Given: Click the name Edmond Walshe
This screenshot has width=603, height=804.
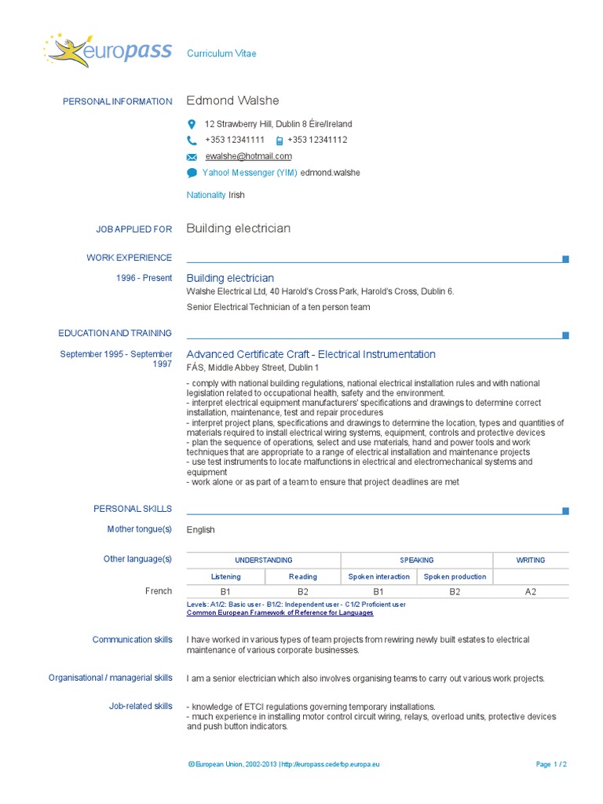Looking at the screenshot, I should [x=232, y=100].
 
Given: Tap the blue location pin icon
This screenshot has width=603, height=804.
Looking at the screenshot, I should [x=192, y=124].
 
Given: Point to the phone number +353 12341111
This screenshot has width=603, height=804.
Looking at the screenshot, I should [x=235, y=140].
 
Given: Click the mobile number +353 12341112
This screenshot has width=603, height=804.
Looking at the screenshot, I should [x=317, y=140].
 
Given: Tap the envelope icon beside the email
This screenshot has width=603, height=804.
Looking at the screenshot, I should [x=192, y=156].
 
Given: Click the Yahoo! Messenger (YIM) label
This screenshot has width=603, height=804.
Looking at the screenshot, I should [x=250, y=173].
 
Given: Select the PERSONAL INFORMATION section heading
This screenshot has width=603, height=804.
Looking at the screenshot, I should [x=117, y=101].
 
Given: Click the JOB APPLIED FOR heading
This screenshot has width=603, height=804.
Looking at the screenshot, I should [x=133, y=229].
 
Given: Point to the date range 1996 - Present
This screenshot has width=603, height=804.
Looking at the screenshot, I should [x=145, y=278].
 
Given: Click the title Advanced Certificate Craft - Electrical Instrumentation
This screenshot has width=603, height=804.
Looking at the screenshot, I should [x=311, y=354].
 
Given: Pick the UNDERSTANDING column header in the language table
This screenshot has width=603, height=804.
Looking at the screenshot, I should [x=264, y=560].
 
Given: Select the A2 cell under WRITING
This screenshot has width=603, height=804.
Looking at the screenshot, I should [x=531, y=592].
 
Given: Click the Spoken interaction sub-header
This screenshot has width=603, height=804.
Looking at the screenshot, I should [x=379, y=576].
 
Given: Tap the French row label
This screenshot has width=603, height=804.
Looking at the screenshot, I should [x=159, y=591].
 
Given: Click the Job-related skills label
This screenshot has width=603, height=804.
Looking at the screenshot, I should [x=141, y=706].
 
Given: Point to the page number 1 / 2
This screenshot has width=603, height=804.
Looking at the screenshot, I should [x=551, y=764].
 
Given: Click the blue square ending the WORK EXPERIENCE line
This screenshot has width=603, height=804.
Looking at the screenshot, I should [x=565, y=259].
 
